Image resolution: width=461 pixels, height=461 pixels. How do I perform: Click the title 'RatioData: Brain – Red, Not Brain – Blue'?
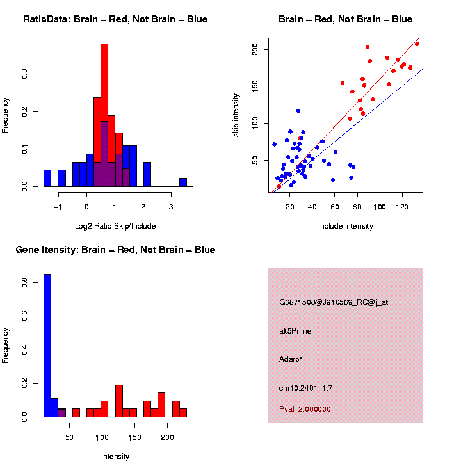click(115, 19)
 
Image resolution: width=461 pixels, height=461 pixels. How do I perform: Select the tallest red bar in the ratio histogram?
click(104, 115)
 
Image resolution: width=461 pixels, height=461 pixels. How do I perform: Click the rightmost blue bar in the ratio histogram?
click(183, 182)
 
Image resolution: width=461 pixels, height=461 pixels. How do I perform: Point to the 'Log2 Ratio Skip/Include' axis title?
click(115, 225)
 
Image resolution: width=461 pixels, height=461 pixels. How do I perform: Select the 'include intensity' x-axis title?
click(346, 225)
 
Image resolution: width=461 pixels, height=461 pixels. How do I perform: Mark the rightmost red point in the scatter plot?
click(417, 44)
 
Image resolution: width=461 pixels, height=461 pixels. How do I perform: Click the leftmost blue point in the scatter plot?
click(274, 144)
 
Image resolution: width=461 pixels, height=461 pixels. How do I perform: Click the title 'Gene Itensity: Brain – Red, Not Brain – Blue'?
click(115, 250)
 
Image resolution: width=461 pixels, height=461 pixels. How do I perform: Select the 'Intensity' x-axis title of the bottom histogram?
click(115, 457)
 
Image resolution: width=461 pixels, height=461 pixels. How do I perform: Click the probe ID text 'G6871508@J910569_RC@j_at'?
click(334, 302)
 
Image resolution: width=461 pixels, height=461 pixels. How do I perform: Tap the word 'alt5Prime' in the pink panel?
click(295, 331)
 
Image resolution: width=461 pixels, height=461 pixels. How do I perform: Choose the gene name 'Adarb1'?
click(291, 359)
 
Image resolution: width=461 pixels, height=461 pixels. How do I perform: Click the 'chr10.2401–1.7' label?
click(306, 388)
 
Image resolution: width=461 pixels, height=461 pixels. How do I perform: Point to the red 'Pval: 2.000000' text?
click(305, 409)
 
